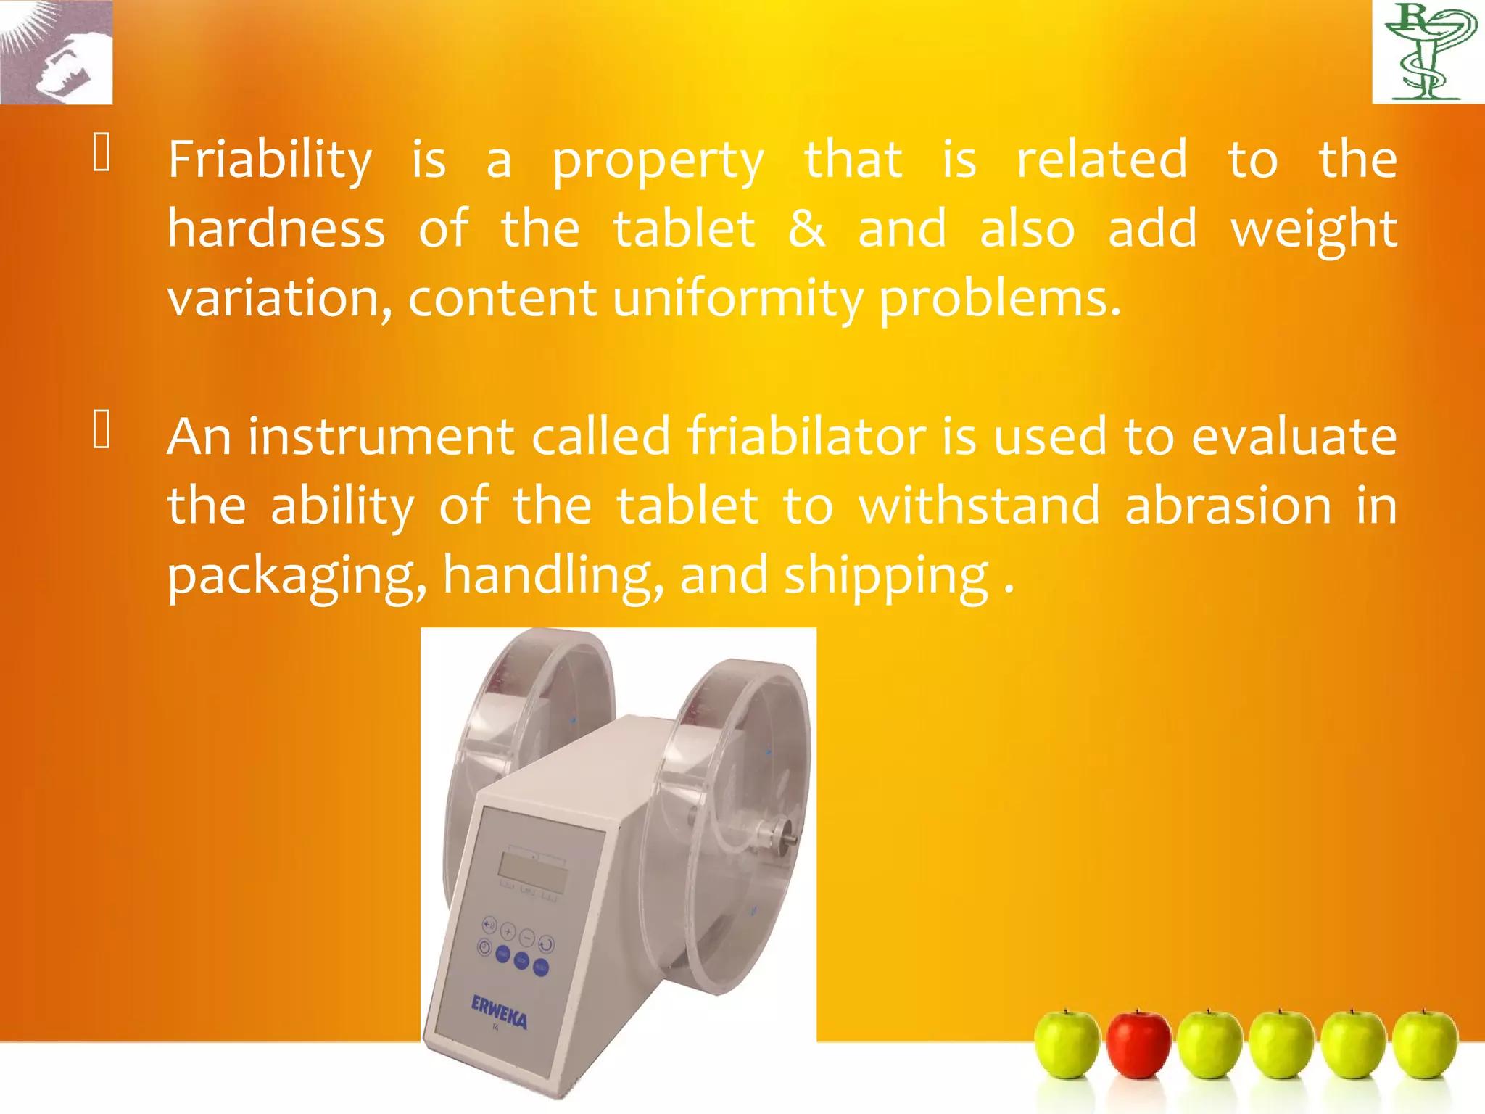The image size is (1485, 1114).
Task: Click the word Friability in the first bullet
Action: pos(270,160)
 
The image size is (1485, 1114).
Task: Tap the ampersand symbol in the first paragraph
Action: pos(806,229)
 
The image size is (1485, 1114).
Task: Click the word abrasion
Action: pos(1228,506)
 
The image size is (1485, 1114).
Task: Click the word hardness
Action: pos(276,229)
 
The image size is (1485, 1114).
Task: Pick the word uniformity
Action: pos(738,299)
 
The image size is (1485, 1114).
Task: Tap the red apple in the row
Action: pos(1138,1044)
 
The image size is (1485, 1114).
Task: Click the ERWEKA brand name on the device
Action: pos(499,1012)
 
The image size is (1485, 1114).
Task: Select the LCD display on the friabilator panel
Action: pos(533,873)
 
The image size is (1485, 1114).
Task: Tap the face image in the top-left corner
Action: pos(56,52)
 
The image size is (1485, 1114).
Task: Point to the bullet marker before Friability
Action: pos(102,154)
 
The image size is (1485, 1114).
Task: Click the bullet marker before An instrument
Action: pos(102,429)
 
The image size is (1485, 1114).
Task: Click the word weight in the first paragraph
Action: pos(1314,229)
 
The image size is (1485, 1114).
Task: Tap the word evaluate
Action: pos(1294,437)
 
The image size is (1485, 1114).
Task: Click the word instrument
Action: pos(381,437)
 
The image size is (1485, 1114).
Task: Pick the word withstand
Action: pos(980,506)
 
